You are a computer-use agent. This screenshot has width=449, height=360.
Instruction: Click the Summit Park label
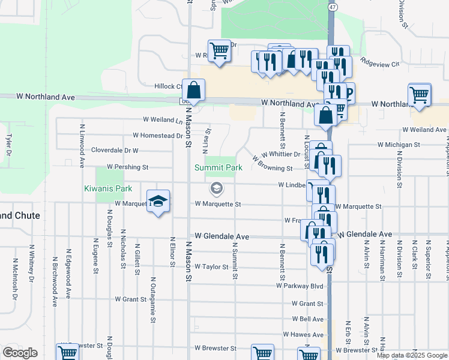(218, 168)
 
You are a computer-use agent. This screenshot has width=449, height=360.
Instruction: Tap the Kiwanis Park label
(107, 188)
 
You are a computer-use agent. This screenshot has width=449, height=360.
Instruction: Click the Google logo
(20, 353)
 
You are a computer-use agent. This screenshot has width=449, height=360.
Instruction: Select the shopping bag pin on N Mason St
(194, 91)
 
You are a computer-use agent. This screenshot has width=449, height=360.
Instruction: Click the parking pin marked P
(347, 92)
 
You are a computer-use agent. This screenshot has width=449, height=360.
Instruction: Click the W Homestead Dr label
(157, 136)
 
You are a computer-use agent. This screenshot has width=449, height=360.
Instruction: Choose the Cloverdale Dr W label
(114, 150)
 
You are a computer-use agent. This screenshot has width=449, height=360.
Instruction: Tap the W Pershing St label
(127, 166)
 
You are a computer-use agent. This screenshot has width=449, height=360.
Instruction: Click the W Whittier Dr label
(281, 154)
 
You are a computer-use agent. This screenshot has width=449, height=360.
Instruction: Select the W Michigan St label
(399, 145)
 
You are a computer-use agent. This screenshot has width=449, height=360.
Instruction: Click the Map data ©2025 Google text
(412, 355)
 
